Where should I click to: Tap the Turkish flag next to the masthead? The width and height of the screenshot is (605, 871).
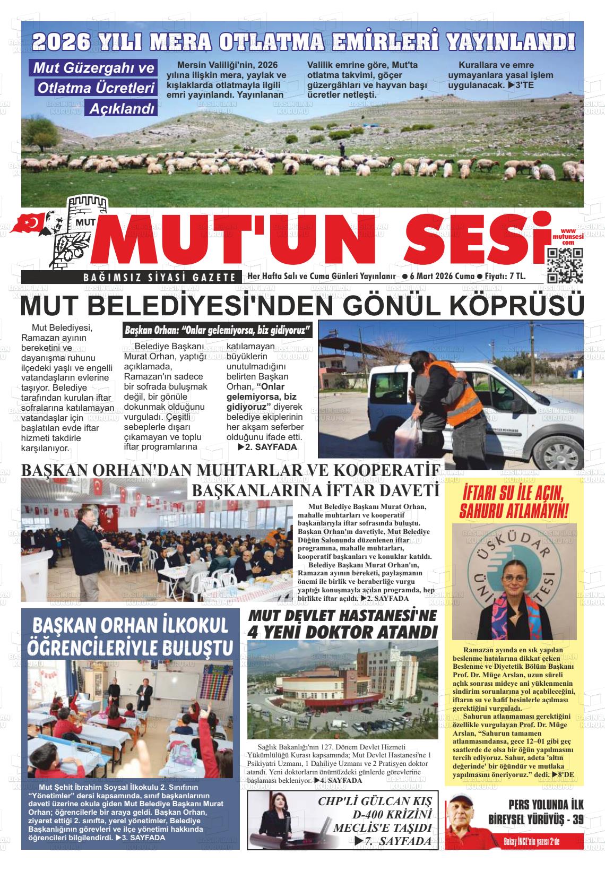[x=31, y=223]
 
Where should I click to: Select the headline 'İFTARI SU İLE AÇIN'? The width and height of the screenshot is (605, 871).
[x=512, y=493]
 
